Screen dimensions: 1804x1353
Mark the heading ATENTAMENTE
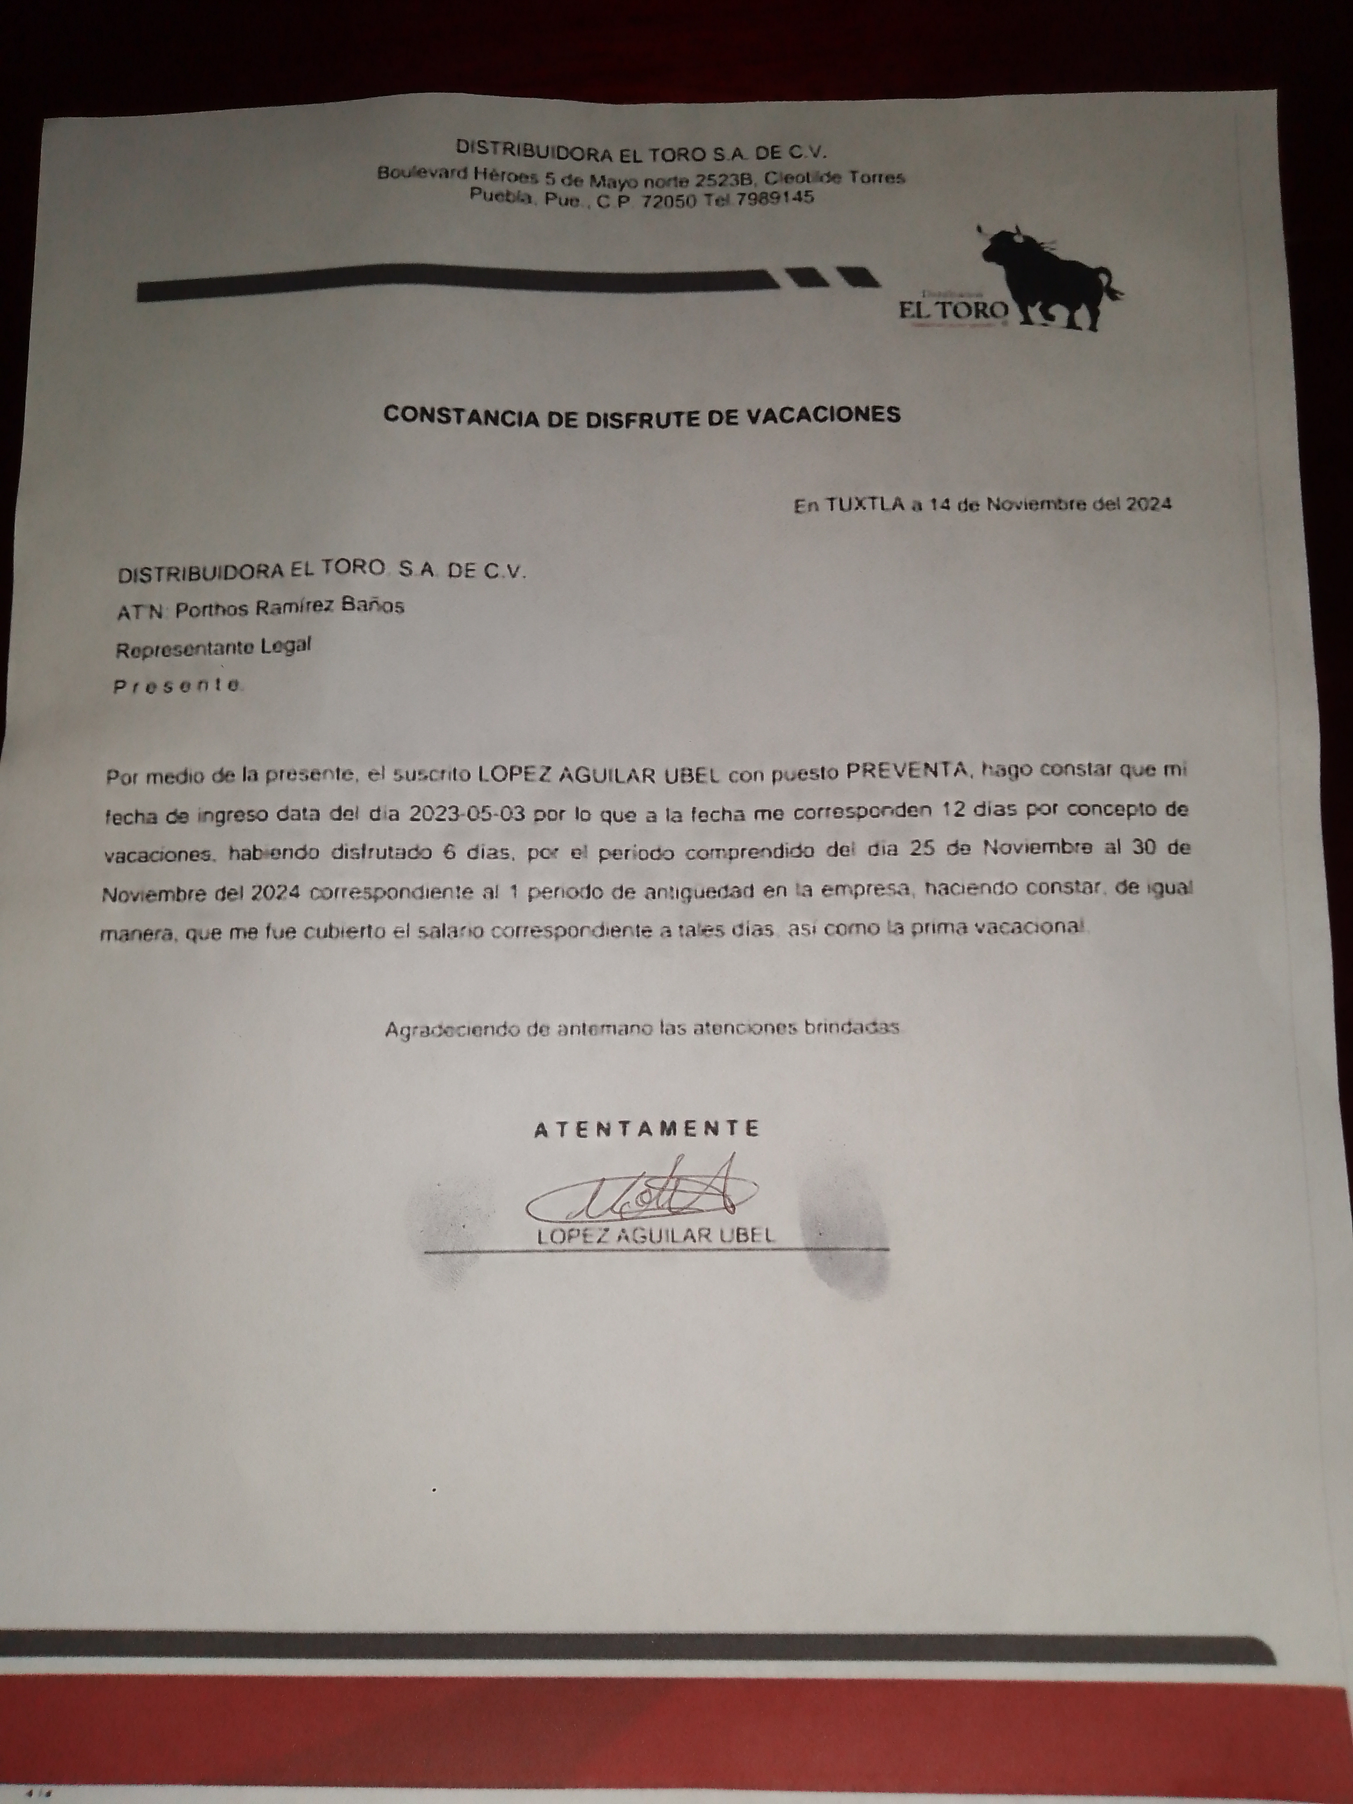[x=647, y=1129]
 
